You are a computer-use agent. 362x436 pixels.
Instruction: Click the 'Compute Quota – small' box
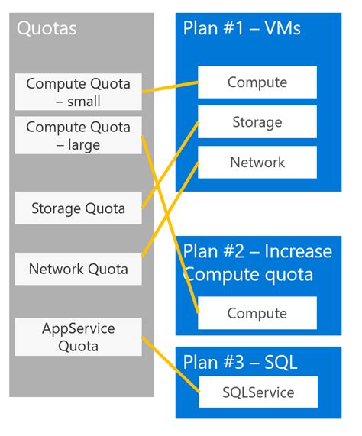(78, 92)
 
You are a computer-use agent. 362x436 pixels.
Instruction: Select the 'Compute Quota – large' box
(78, 135)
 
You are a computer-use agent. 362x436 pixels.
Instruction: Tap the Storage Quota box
(78, 208)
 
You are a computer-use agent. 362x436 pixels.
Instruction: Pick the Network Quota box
(78, 269)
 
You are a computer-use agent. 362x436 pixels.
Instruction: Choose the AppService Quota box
(78, 337)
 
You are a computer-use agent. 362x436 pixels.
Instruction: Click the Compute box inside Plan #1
(257, 82)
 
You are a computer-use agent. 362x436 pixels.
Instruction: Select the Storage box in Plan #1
(257, 122)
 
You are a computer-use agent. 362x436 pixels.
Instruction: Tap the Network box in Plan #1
(257, 162)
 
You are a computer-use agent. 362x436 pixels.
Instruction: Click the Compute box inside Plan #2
(257, 313)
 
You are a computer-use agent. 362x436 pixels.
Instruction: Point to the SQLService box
(257, 392)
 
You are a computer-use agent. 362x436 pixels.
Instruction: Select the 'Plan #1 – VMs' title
(242, 29)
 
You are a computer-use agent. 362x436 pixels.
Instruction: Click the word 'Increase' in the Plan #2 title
(295, 251)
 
